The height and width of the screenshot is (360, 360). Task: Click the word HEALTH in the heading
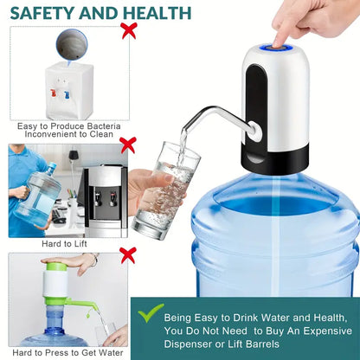155,13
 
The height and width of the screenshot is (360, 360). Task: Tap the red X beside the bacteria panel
129,31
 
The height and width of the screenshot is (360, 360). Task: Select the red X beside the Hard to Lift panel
128,145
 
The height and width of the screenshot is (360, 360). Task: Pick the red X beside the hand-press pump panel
128,254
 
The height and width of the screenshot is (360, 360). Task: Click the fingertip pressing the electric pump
280,37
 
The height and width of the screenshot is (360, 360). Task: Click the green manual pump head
56,280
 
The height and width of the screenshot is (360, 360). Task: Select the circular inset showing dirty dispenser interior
71,44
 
